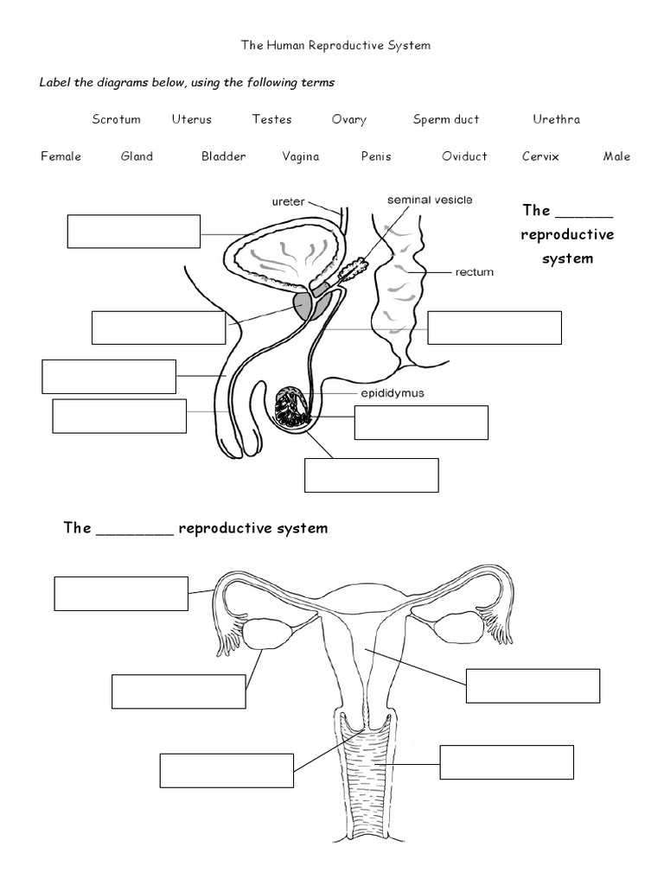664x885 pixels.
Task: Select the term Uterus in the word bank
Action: [191, 119]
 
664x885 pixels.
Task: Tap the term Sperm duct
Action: [445, 119]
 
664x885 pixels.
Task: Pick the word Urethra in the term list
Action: [556, 119]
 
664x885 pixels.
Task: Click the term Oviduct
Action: [464, 156]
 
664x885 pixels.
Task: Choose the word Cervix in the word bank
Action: [540, 156]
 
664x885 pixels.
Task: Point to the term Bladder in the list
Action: [224, 156]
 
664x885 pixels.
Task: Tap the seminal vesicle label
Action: [430, 200]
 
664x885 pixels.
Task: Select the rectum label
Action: [474, 272]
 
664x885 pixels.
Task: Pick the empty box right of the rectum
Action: [495, 328]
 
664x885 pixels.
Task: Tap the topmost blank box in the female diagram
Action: [121, 594]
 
